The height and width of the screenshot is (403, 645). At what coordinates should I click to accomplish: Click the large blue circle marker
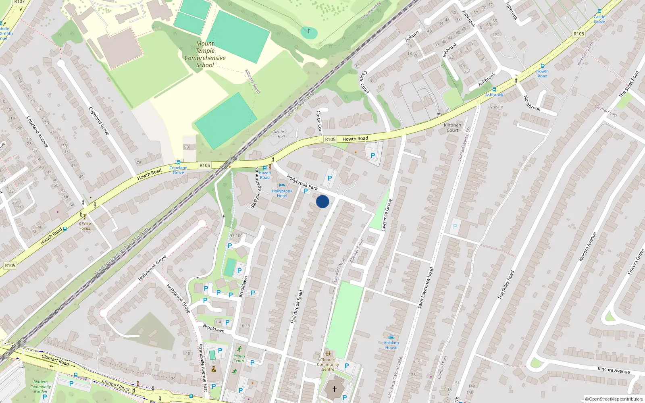pyautogui.click(x=322, y=201)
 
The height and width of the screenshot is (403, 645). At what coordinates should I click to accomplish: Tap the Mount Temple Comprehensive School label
pyautogui.click(x=205, y=54)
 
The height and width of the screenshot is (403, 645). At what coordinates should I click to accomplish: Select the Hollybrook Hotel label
pyautogui.click(x=282, y=193)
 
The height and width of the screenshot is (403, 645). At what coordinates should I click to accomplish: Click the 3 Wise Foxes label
pyautogui.click(x=85, y=226)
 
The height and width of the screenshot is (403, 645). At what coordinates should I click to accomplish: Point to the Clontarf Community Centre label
pyautogui.click(x=328, y=364)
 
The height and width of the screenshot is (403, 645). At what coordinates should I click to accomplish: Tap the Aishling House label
pyautogui.click(x=391, y=345)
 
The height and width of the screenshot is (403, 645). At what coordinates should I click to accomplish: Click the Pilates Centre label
pyautogui.click(x=239, y=358)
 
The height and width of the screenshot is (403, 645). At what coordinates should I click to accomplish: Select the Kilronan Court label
pyautogui.click(x=452, y=127)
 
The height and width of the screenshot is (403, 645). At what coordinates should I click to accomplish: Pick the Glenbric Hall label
pyautogui.click(x=280, y=134)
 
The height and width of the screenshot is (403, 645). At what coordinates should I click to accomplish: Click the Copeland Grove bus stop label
pyautogui.click(x=178, y=170)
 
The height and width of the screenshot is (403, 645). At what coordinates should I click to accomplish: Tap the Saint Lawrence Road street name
pyautogui.click(x=426, y=288)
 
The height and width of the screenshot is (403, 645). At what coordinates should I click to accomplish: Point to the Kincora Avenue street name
pyautogui.click(x=614, y=370)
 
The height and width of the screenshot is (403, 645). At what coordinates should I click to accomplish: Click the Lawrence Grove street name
pyautogui.click(x=387, y=215)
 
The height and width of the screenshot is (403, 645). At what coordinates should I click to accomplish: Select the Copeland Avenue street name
pyautogui.click(x=37, y=132)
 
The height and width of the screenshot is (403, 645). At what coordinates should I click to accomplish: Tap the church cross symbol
pyautogui.click(x=334, y=389)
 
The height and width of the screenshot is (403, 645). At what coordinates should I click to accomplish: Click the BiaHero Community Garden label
pyautogui.click(x=40, y=386)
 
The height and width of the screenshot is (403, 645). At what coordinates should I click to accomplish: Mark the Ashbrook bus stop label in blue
pyautogui.click(x=494, y=95)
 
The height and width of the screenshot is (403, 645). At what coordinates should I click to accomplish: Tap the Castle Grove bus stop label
pyautogui.click(x=599, y=19)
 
